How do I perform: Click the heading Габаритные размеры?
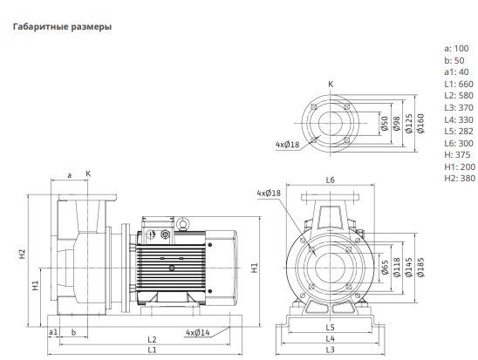62,27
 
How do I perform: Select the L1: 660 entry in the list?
459,84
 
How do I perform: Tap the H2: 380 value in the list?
460,178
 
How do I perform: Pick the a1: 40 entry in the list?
456,71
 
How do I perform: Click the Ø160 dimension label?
420,124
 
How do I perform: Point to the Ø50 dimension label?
385,124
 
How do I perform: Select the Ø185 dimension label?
420,268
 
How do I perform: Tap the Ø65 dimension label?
385,268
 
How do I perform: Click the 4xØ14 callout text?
198,333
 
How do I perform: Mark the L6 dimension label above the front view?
330,180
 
